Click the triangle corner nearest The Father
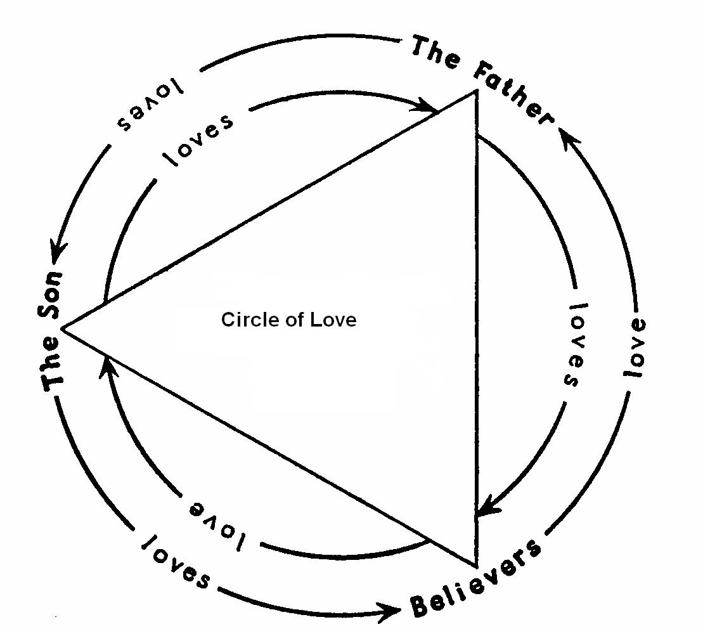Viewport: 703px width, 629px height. pyautogui.click(x=475, y=92)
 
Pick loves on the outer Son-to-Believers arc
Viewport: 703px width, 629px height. pyautogui.click(x=175, y=562)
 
